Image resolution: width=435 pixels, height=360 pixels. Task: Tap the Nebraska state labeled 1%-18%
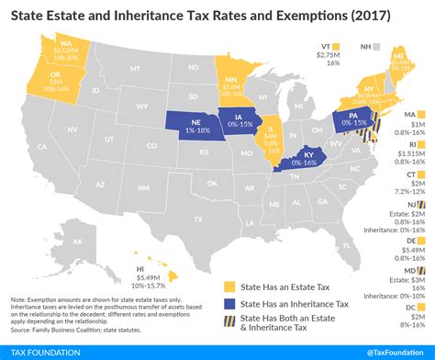point(183,129)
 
